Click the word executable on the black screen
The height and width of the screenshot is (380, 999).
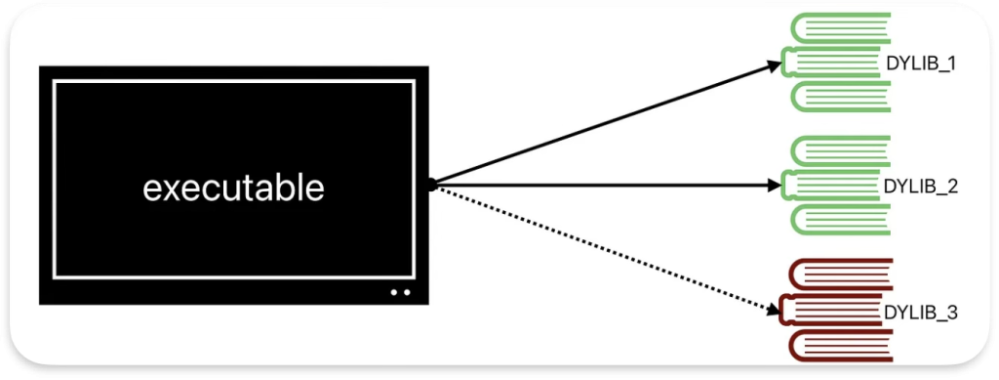233,188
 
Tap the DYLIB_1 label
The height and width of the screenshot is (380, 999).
921,64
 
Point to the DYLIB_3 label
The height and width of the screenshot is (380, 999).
920,313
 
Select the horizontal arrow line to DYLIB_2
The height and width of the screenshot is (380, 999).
605,183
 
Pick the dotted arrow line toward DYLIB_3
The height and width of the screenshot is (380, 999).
605,248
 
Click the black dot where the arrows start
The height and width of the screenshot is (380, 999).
430,184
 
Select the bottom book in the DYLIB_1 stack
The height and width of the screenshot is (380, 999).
842,96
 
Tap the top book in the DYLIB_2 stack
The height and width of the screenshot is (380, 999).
842,149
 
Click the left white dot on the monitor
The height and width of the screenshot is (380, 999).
394,292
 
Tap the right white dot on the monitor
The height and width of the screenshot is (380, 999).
408,292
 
